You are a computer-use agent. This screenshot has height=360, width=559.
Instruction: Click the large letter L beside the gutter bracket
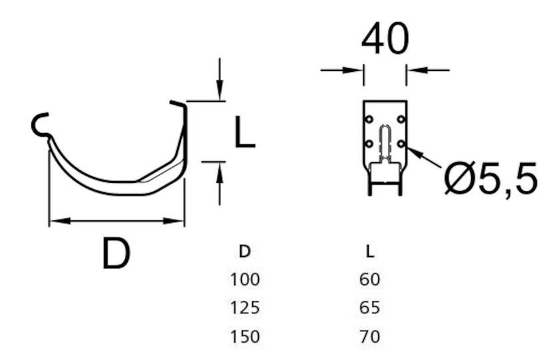coord(244,131)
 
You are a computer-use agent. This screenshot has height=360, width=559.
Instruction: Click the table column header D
coord(244,252)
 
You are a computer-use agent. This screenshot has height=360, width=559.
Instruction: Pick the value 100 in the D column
coord(244,279)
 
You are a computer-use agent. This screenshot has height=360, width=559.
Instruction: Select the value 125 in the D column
coord(244,308)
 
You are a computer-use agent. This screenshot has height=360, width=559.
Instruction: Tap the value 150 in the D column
coord(244,337)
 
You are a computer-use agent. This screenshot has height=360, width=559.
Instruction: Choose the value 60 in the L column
coord(369,279)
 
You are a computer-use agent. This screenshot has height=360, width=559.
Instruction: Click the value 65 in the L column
coord(369,308)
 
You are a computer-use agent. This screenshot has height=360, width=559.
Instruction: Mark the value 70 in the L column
coord(369,337)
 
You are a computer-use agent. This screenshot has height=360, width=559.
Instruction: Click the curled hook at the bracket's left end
coord(40,125)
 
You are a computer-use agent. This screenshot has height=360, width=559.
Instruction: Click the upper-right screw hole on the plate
coord(401,119)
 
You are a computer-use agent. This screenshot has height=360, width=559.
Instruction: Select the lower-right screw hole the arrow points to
coord(401,143)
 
